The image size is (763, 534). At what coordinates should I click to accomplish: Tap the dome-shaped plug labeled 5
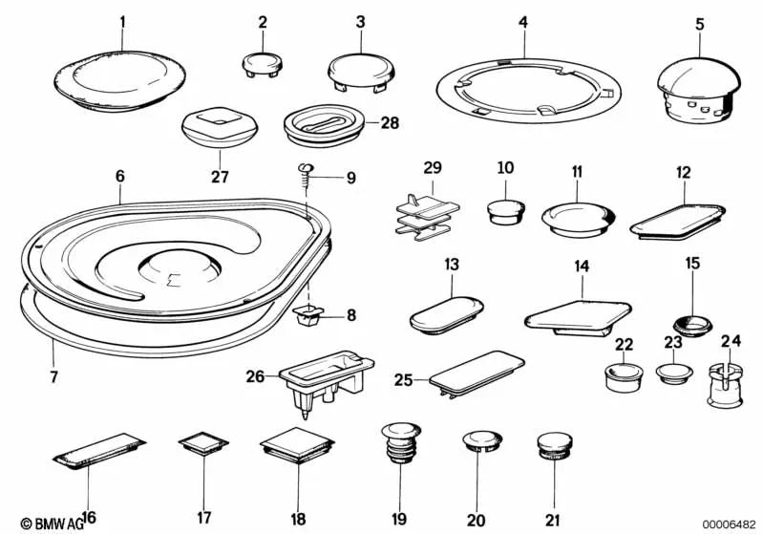click(x=699, y=93)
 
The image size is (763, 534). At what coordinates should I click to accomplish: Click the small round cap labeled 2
click(x=263, y=65)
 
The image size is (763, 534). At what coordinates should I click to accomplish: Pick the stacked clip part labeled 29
click(x=427, y=218)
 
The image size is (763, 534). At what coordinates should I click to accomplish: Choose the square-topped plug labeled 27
click(x=220, y=127)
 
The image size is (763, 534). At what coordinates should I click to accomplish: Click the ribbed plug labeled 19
click(x=401, y=442)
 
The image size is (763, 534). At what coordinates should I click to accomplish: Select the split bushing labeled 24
click(x=725, y=386)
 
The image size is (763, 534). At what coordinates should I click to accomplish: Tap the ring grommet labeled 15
click(x=692, y=325)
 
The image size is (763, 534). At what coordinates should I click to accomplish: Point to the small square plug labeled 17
click(x=203, y=443)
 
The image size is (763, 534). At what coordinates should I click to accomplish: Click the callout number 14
click(x=582, y=266)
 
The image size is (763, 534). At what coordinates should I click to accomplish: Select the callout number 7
click(x=53, y=376)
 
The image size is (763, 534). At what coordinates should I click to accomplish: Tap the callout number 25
click(x=403, y=379)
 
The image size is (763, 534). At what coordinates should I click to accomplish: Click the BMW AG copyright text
click(x=53, y=523)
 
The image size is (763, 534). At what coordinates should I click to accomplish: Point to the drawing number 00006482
click(x=729, y=523)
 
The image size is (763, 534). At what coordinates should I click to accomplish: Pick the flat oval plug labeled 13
click(x=446, y=315)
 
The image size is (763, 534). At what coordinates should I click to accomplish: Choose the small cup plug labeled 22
click(x=624, y=377)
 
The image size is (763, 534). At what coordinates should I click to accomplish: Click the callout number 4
click(x=523, y=22)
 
